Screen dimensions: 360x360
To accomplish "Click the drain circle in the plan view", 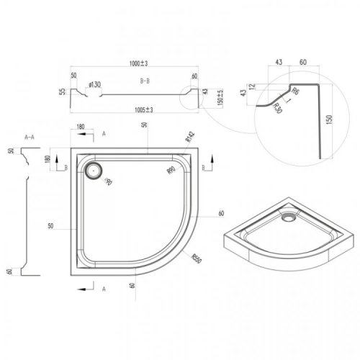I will coord(94,171).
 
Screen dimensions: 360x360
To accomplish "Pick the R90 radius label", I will coord(171,170).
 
